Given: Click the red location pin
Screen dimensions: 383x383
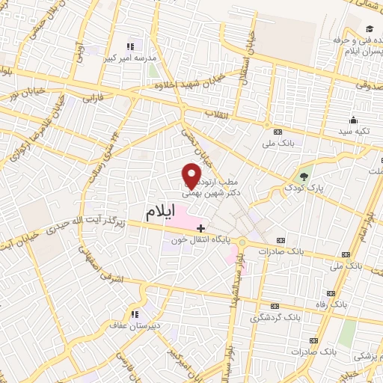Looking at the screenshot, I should point(191,175).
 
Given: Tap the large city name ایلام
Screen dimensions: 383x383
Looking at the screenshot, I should point(162,212).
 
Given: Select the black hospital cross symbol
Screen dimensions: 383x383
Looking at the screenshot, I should point(200,227).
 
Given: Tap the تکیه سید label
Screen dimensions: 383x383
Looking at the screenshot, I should point(353,132).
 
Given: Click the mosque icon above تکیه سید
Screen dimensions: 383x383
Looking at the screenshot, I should point(352,120).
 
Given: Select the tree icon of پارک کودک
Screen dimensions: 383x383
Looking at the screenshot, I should point(304,178).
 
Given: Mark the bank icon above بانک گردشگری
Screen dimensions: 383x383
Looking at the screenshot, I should point(277,307).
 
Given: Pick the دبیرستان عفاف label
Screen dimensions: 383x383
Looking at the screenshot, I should point(136,326).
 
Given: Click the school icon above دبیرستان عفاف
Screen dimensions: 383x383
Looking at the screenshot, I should point(135,313).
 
